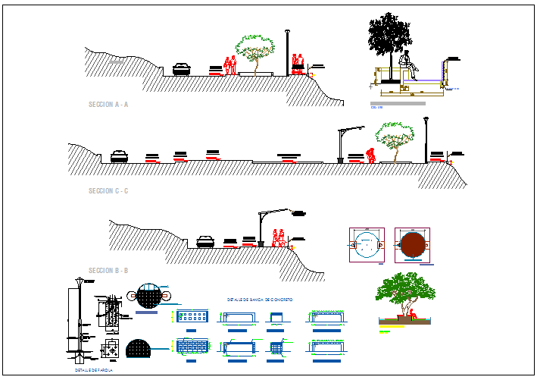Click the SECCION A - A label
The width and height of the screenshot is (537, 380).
pos(108,105)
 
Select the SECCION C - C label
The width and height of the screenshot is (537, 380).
pos(108,190)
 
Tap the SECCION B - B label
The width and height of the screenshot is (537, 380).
pos(108,271)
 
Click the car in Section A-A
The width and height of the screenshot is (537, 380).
pos(182,69)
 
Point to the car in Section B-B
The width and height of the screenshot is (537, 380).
pos(205,241)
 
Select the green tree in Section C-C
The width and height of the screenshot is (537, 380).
pos(395,141)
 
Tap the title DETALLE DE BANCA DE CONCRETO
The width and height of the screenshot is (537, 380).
pos(259,300)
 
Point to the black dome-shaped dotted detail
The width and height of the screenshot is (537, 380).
pos(139,349)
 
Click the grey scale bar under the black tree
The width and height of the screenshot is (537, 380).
pos(398,102)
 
